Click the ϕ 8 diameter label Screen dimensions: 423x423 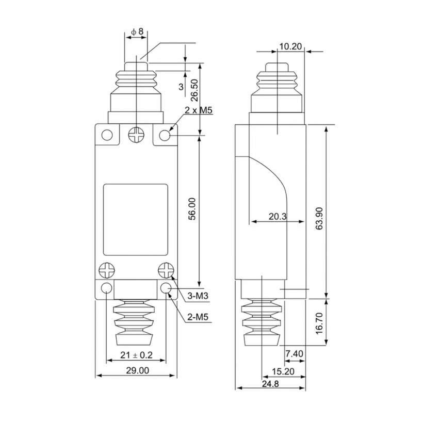click(x=137, y=31)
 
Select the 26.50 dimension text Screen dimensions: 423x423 click(x=194, y=90)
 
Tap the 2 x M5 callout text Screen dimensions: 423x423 click(x=199, y=110)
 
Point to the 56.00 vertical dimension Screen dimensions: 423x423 click(x=192, y=209)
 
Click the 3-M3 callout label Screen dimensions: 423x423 click(x=198, y=296)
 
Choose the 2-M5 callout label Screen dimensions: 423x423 click(x=198, y=317)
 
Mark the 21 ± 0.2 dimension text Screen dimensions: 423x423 click(x=136, y=355)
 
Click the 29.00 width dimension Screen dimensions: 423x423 click(x=137, y=370)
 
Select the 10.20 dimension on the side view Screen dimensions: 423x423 click(x=290, y=46)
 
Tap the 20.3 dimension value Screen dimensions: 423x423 click(x=278, y=216)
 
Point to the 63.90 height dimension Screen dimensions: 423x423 click(x=319, y=219)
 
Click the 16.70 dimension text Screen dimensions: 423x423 click(x=319, y=323)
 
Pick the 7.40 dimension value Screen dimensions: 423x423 click(x=295, y=353)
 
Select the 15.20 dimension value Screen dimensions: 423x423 click(x=283, y=371)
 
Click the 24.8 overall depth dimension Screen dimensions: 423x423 click(x=270, y=384)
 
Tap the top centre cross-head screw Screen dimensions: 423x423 click(x=136, y=134)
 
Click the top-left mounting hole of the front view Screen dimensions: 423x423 click(x=107, y=135)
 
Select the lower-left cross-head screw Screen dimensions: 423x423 click(x=107, y=270)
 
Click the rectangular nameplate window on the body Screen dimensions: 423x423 click(x=136, y=220)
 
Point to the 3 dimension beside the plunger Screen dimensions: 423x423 click(x=181, y=87)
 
